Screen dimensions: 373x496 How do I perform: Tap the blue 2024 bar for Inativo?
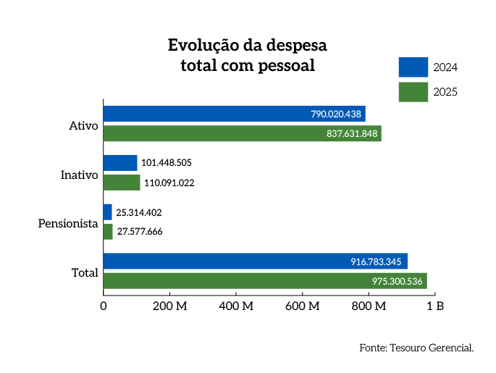click(120, 163)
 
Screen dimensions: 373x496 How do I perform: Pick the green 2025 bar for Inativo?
click(122, 183)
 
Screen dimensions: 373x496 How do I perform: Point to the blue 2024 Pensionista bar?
click(108, 212)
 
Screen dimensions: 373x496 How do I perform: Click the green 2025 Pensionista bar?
click(109, 232)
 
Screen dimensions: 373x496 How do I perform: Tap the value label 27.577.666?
click(140, 232)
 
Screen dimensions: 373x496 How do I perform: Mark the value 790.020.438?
click(336, 114)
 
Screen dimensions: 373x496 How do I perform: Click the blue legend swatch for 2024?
click(413, 67)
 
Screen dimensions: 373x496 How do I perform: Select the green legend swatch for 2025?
click(413, 92)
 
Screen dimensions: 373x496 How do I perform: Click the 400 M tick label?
click(237, 306)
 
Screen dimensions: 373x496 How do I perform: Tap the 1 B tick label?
click(435, 306)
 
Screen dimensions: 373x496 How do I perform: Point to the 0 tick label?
click(104, 306)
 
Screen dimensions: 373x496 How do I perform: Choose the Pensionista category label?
click(67, 224)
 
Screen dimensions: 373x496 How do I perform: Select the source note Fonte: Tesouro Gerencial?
click(416, 348)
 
